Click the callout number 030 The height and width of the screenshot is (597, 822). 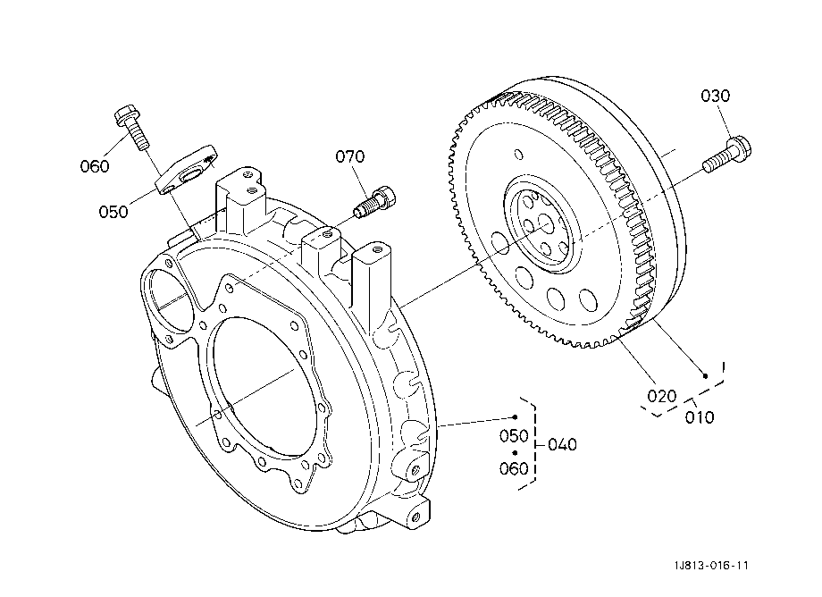715,96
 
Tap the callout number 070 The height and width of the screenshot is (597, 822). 349,156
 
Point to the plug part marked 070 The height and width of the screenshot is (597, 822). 375,201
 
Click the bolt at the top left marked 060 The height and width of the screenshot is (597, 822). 131,128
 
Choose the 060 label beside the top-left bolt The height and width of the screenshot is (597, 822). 95,166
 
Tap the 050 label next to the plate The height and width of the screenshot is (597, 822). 113,212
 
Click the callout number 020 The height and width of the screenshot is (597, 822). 661,396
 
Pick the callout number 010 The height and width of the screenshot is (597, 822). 700,417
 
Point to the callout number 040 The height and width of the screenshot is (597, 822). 562,444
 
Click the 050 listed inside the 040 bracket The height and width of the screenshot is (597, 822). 514,435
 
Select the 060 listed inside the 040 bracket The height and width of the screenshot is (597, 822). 514,468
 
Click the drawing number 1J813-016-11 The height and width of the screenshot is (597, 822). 711,565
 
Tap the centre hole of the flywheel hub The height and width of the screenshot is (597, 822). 545,226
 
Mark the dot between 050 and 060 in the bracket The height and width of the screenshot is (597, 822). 516,452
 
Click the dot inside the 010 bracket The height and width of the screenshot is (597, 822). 706,376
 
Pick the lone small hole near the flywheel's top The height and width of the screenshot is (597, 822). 518,155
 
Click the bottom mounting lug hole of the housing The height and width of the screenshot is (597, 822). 415,517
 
